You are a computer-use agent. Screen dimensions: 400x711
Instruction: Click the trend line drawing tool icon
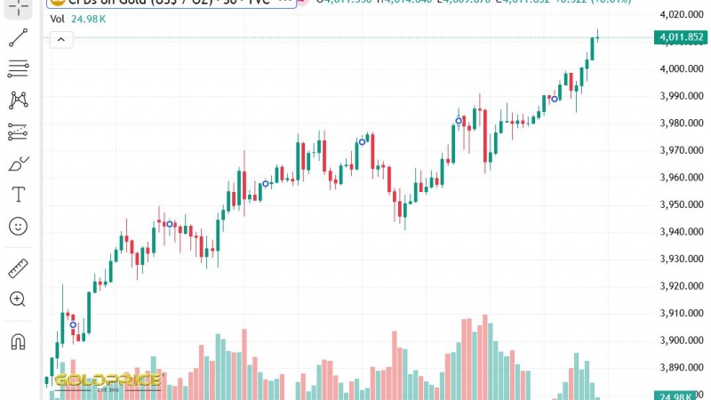pos(18,37)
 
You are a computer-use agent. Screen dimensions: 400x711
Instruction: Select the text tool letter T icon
pos(18,194)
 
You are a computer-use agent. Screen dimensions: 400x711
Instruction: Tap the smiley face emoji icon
pos(18,226)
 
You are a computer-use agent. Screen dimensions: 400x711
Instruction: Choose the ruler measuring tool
pos(18,268)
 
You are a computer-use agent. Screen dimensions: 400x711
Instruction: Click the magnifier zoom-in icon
pos(18,300)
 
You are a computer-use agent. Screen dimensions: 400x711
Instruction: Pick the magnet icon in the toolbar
pos(18,341)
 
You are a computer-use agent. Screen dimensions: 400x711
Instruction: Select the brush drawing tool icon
pos(18,164)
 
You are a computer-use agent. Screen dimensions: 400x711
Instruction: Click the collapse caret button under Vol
pos(60,40)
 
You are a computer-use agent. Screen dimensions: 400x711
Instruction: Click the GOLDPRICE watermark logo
pos(107,381)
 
